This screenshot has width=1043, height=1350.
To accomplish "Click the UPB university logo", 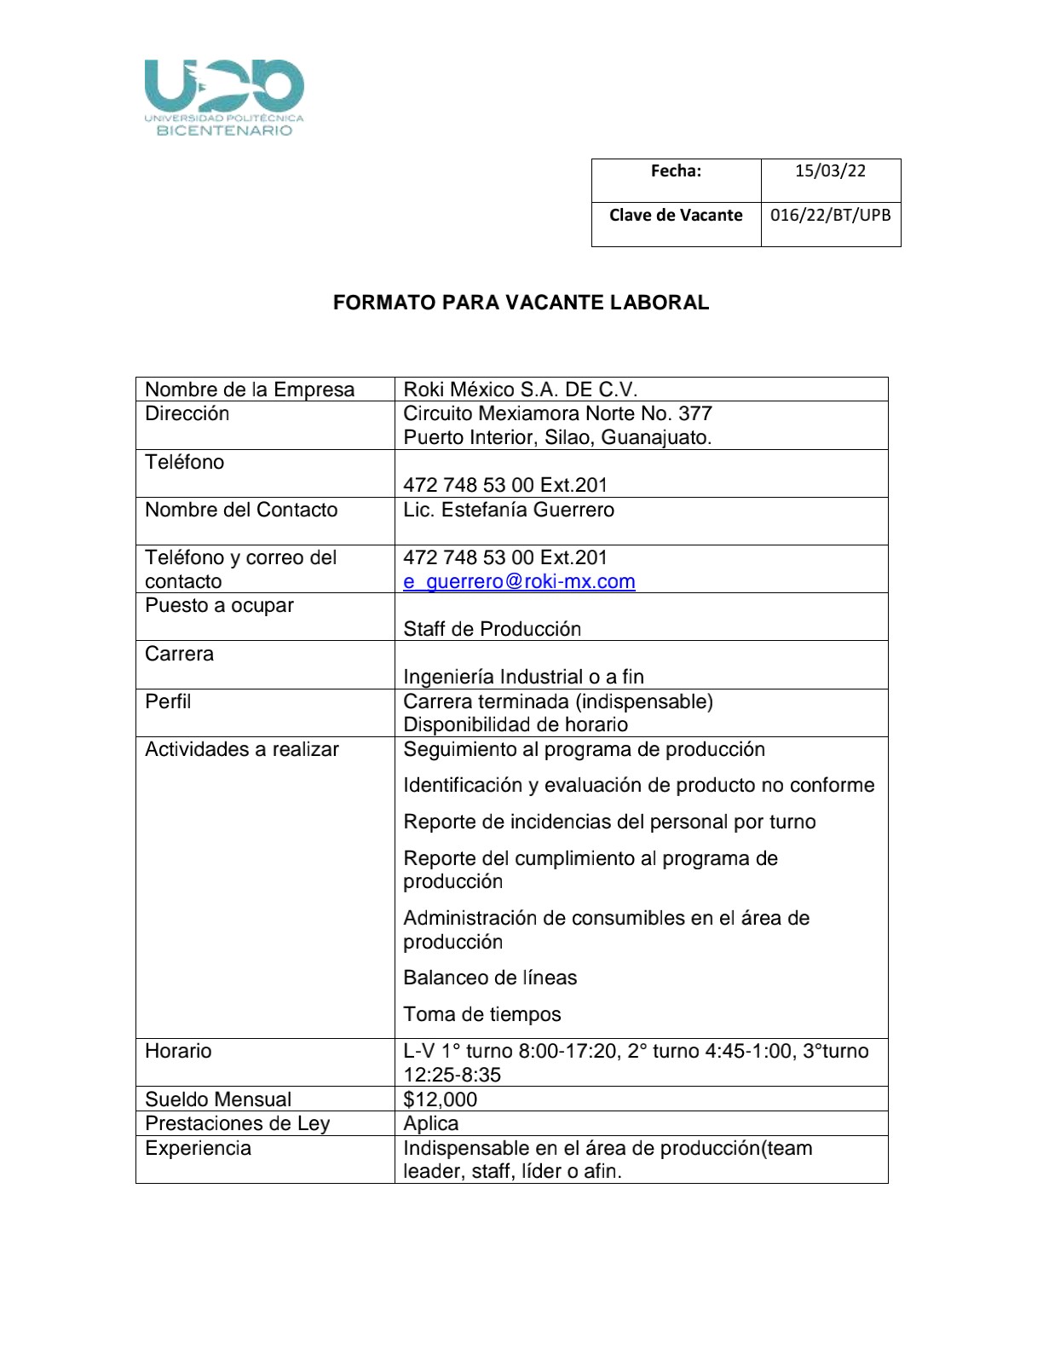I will tap(224, 97).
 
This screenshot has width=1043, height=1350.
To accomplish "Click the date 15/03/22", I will tap(830, 171).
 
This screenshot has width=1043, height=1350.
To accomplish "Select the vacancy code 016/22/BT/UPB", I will tap(830, 215).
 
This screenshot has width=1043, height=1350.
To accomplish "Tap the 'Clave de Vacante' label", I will tap(676, 216).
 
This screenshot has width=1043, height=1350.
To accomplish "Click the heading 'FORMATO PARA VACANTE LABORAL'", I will tap(521, 303).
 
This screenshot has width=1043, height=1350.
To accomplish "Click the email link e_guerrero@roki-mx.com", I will tap(519, 582).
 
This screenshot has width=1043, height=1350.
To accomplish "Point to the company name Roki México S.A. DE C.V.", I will tap(520, 390).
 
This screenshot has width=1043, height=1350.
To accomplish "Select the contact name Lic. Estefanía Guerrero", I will tap(509, 511).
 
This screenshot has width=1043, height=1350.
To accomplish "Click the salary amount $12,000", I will tap(440, 1099).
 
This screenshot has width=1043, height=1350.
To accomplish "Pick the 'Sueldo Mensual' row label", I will tap(218, 1099).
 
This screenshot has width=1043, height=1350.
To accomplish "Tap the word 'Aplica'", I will tap(430, 1123).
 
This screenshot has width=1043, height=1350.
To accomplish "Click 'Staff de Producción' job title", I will tap(492, 629).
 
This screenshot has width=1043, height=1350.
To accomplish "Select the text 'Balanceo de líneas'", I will tap(490, 978).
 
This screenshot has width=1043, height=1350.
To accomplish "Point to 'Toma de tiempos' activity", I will tap(482, 1015).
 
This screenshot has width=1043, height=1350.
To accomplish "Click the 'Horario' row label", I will tap(178, 1052).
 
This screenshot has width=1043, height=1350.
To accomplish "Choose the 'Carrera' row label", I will tap(179, 655).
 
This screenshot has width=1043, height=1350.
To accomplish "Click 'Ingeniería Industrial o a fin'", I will tap(523, 678).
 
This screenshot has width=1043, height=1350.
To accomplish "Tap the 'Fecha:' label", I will tap(676, 171).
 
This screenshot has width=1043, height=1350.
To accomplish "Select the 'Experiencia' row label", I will tap(198, 1149).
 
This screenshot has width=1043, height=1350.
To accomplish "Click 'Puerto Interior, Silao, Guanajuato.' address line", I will tap(557, 438).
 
